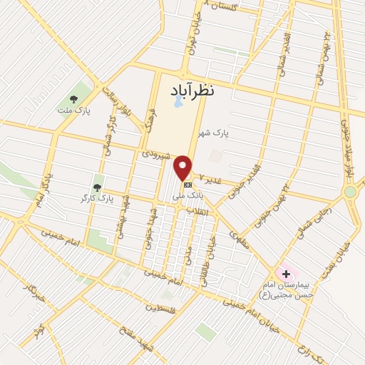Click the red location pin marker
[x=183, y=167]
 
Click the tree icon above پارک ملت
[x=73, y=99]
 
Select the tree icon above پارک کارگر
[x=97, y=187]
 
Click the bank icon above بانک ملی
[x=187, y=185]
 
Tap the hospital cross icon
[x=286, y=273]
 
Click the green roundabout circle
[x=350, y=192]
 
